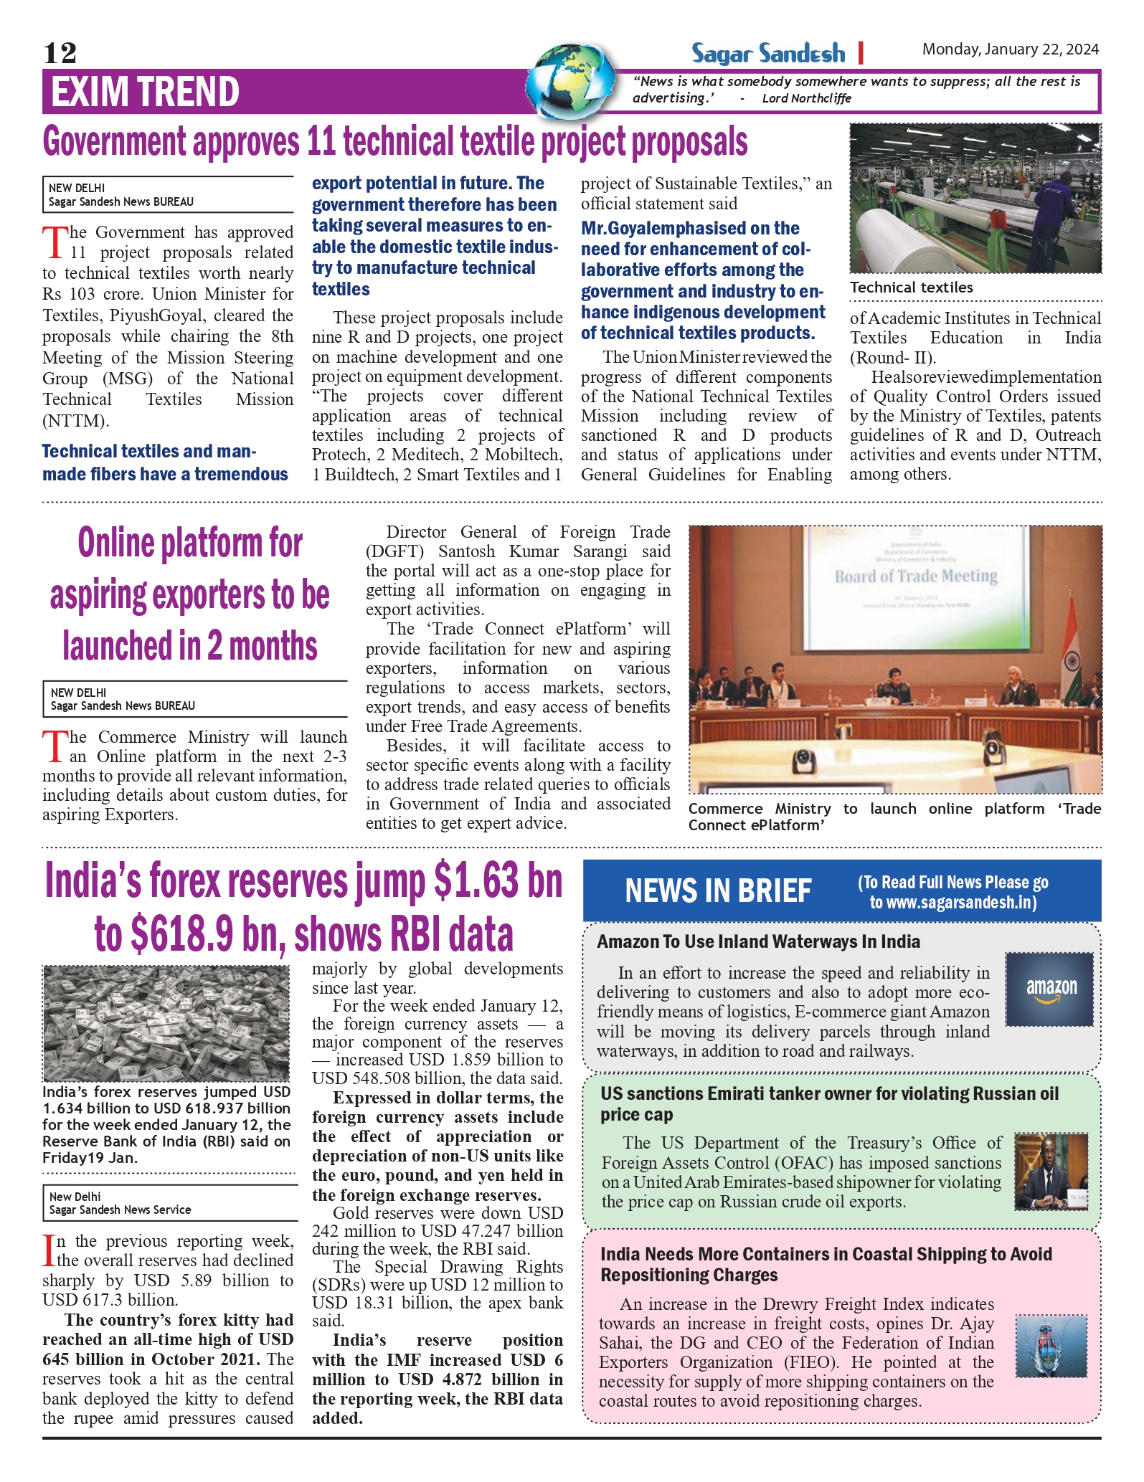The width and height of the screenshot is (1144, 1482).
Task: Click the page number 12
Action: click(x=60, y=53)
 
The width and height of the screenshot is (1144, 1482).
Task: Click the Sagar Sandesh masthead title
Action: click(x=768, y=54)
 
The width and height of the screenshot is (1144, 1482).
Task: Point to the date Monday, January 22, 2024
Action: click(x=1010, y=49)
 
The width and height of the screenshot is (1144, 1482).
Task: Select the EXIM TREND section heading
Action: click(x=145, y=92)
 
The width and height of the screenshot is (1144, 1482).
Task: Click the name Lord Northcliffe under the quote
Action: click(x=806, y=99)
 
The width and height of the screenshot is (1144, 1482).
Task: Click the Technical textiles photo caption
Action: click(x=912, y=288)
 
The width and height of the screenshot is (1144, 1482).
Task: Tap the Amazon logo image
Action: click(x=1050, y=989)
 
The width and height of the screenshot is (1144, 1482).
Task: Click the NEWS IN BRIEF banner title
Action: click(x=718, y=891)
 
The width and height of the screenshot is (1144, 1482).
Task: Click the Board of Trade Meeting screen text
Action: click(x=916, y=576)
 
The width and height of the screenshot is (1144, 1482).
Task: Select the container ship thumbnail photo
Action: click(x=1051, y=1346)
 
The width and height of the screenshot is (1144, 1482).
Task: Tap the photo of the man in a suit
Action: click(x=1051, y=1172)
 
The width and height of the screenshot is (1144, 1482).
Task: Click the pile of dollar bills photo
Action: click(x=166, y=1023)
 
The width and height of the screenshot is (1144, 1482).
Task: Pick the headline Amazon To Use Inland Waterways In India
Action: click(x=758, y=941)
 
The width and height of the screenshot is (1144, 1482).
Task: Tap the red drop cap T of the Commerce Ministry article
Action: click(x=54, y=746)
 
